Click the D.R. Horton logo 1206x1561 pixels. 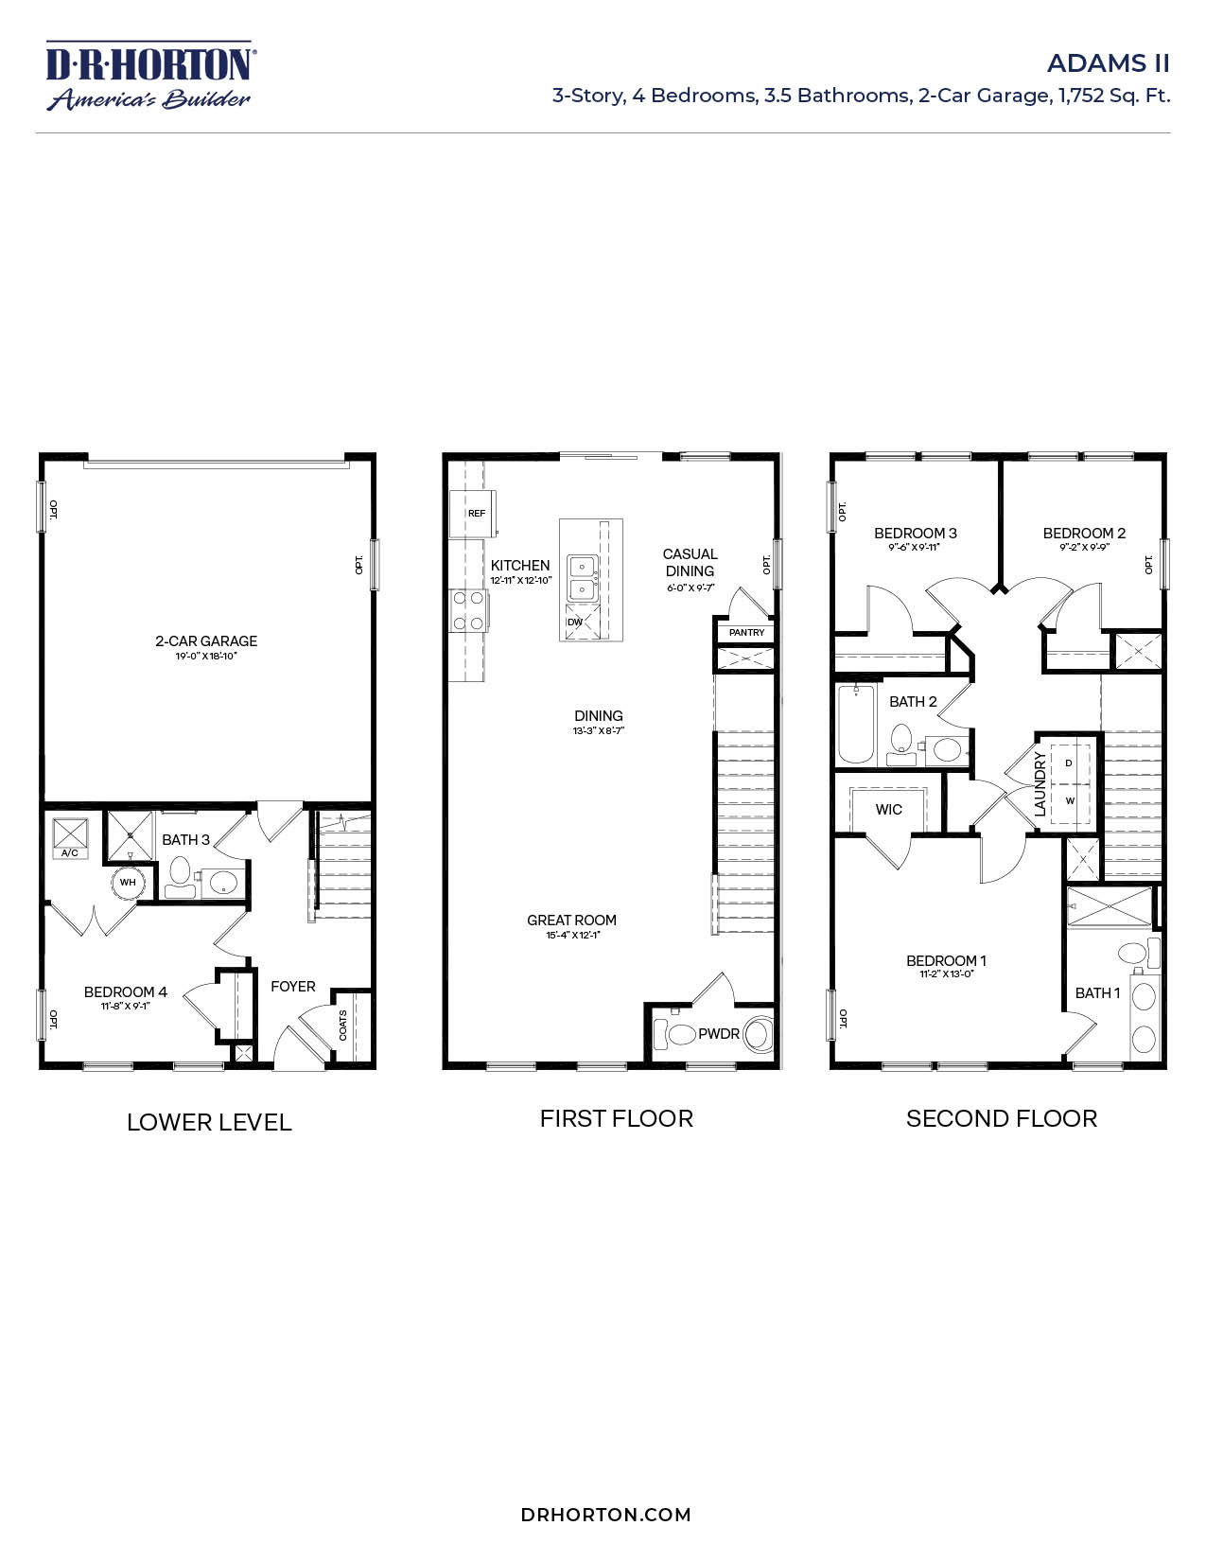[x=149, y=76]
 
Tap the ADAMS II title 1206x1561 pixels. [x=1108, y=63]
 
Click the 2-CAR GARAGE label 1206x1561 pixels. [x=206, y=640]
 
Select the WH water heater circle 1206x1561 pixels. [x=128, y=882]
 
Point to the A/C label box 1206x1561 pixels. [x=70, y=852]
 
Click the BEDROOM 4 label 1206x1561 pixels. [x=125, y=991]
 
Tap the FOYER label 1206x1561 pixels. [x=292, y=986]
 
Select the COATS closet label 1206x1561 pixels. [x=343, y=1025]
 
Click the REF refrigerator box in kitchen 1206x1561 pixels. [x=476, y=513]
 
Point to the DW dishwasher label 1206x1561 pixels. [x=575, y=623]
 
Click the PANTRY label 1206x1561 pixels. [x=746, y=632]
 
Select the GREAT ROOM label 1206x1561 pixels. [x=571, y=920]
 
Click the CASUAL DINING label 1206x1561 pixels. [x=690, y=562]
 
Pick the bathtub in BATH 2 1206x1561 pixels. [x=855, y=724]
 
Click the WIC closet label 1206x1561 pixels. [x=888, y=809]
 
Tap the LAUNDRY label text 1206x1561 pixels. [x=1040, y=784]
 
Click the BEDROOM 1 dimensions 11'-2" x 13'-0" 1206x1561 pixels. [x=946, y=974]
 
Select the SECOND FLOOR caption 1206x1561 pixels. [x=1001, y=1118]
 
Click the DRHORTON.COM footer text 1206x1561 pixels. [x=605, y=1515]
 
